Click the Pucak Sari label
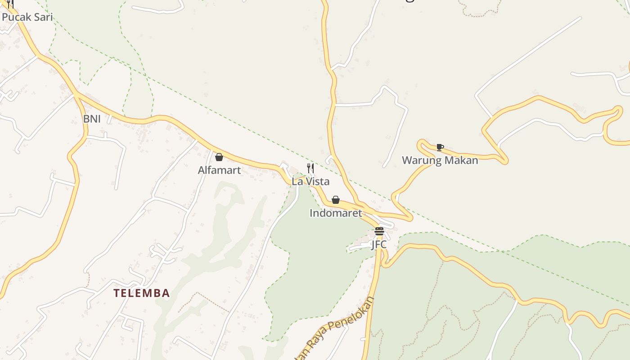[27, 17]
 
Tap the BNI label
[92, 119]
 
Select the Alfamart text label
[220, 170]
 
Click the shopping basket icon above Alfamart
[219, 157]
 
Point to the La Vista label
[310, 181]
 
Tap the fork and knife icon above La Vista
[310, 168]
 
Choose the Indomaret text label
[336, 213]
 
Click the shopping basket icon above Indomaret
[336, 200]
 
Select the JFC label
[379, 244]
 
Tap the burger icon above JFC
[379, 231]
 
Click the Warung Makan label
[440, 160]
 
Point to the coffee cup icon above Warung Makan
[440, 147]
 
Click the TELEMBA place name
[142, 293]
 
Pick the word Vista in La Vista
[317, 181]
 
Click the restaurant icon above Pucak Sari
[10, 4]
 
